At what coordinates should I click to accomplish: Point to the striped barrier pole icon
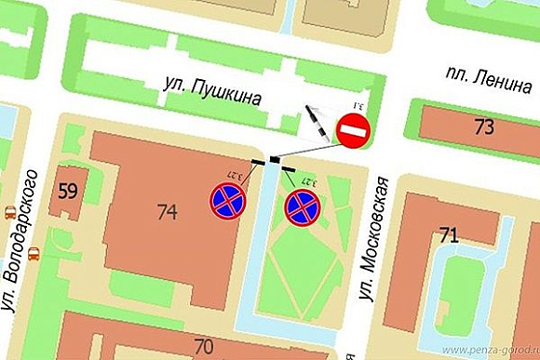317,124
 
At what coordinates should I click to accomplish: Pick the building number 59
67,193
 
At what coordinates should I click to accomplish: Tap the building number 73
483,127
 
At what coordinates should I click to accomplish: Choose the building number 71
450,235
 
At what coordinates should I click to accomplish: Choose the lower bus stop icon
33,253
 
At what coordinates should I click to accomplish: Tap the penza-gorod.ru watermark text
490,350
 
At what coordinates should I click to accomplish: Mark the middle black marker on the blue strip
274,160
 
